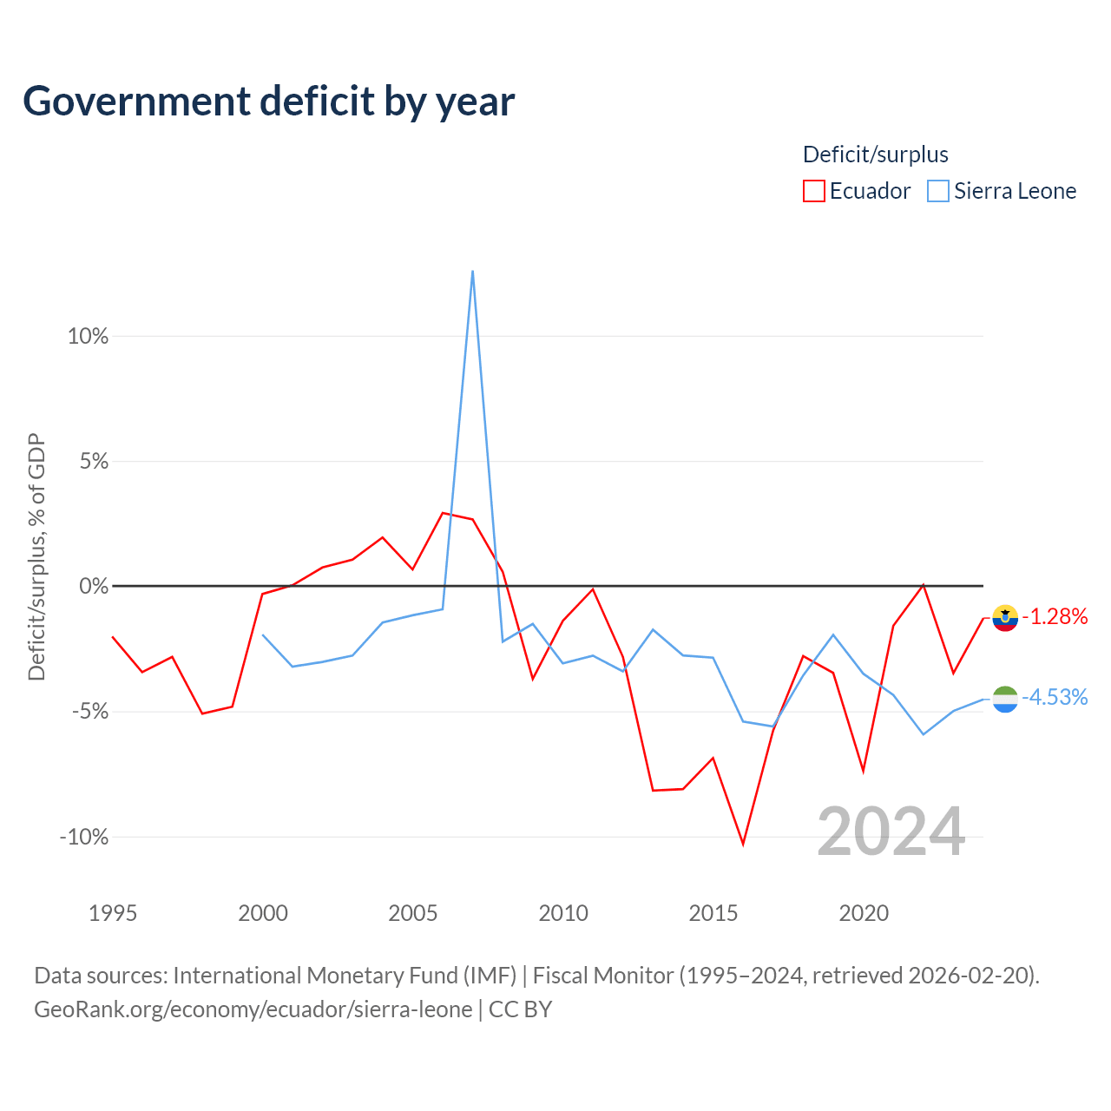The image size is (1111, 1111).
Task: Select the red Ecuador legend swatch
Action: coord(813,191)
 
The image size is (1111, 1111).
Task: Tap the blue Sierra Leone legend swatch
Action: coord(938,191)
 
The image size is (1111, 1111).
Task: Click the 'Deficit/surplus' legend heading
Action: coord(875,154)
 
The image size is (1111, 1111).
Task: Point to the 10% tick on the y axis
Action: coord(88,336)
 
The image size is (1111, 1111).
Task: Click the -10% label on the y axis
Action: coord(84,837)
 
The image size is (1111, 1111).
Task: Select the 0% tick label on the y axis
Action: coord(94,587)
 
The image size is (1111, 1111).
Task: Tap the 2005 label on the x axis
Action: coord(413,913)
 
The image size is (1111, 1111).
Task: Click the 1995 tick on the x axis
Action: coord(113,913)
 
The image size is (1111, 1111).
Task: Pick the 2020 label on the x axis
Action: coord(864,913)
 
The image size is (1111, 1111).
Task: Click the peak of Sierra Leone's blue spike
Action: coord(473,271)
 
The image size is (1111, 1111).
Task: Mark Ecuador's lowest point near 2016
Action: coord(743,844)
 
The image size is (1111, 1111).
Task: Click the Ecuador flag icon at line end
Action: coord(1005,618)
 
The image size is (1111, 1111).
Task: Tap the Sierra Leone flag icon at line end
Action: coord(1005,699)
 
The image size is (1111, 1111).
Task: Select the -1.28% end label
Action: coord(1055,617)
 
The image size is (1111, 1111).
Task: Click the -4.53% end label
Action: coord(1055,698)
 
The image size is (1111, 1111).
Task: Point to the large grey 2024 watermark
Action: coord(891,832)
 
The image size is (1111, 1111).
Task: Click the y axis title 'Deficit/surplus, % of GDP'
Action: coord(36,556)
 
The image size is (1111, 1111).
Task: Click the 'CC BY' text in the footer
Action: coord(520,1009)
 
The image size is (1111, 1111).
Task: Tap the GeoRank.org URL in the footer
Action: coord(253,1009)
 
